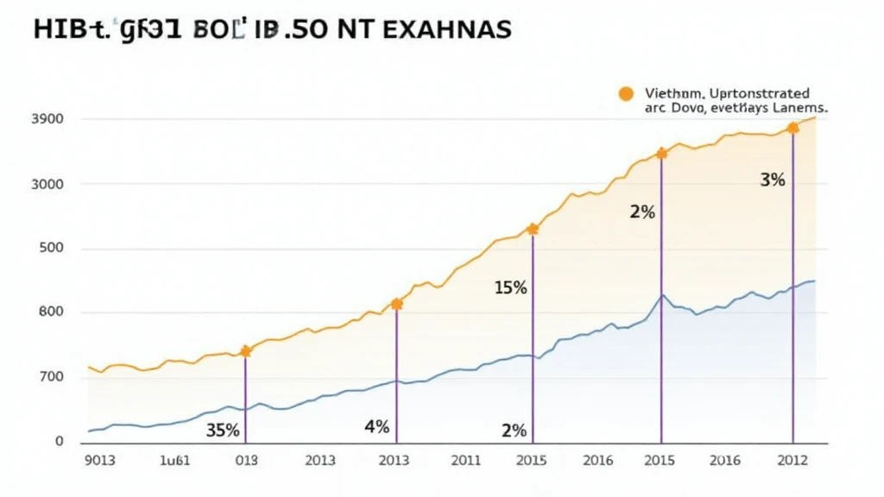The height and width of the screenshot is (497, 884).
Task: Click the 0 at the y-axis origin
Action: [x=60, y=442]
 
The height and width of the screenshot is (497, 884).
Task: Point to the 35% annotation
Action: [x=223, y=430]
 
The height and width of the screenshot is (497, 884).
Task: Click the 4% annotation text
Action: [x=377, y=427]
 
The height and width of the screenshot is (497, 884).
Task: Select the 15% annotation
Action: [x=510, y=288]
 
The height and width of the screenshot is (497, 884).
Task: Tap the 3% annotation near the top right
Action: [x=772, y=180]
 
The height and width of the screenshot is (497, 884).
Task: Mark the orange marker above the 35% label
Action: [x=245, y=351]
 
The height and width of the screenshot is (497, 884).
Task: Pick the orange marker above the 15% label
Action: [x=533, y=230]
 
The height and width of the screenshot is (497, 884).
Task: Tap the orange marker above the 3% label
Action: [x=792, y=129]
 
